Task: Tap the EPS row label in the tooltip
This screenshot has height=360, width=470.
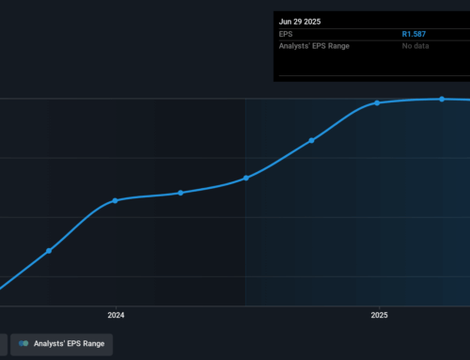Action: point(287,34)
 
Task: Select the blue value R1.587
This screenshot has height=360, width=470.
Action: point(414,34)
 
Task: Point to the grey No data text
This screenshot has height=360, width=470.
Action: point(415,49)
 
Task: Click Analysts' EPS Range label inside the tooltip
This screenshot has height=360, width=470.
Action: point(317,49)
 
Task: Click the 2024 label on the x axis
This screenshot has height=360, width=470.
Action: point(117,316)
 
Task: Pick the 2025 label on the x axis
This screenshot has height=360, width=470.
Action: point(379,316)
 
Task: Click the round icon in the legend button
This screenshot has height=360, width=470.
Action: point(23,344)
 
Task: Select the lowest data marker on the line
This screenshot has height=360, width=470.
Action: point(49,251)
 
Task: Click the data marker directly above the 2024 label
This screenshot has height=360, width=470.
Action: point(116,200)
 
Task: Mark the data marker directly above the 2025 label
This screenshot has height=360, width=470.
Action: point(378,102)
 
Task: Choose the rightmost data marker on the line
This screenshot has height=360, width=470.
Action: point(442,99)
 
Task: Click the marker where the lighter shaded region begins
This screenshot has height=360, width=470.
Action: point(246,178)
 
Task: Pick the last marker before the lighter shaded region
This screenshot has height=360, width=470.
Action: point(180,193)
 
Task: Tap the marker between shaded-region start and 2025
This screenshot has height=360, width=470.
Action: point(311,140)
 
